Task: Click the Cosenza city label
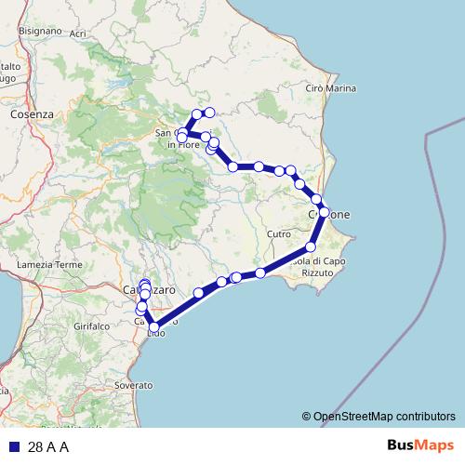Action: coord(32,113)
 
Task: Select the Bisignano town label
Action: coord(40,30)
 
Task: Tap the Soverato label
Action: coord(133,384)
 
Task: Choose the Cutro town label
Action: coord(278,234)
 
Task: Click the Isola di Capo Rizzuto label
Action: coord(316,266)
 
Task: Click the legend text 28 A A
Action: coord(48,446)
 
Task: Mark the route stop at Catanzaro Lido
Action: coord(154,326)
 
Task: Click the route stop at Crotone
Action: coord(324,212)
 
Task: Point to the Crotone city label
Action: coord(329,214)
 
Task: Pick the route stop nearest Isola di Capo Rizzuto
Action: coord(311,246)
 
